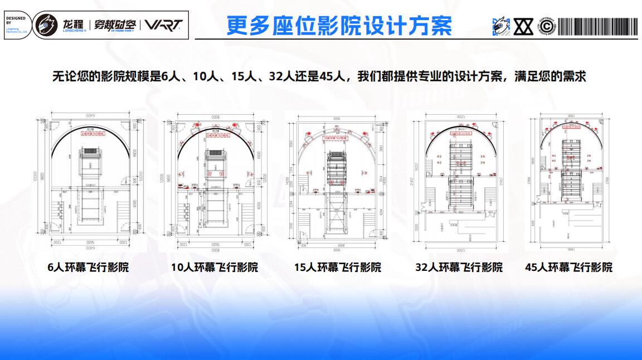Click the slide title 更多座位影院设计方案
[x=339, y=25]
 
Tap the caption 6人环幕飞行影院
[x=88, y=267]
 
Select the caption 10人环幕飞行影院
[x=215, y=267]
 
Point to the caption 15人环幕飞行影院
[x=338, y=267]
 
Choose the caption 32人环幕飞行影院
[x=459, y=267]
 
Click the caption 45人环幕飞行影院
[x=568, y=267]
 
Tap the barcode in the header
[x=597, y=26]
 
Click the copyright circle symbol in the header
[x=547, y=26]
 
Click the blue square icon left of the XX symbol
[x=501, y=26]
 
